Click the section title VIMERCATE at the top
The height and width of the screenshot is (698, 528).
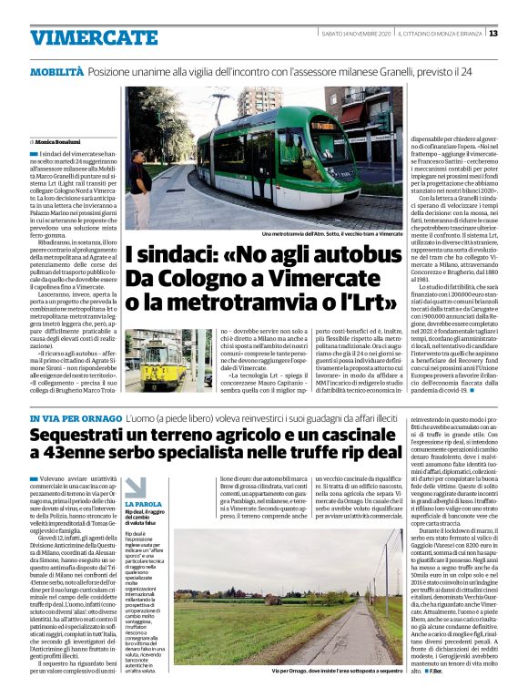point(81,37)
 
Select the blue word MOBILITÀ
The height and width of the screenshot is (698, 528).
point(56,70)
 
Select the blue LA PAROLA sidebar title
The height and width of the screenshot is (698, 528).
point(143,503)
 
